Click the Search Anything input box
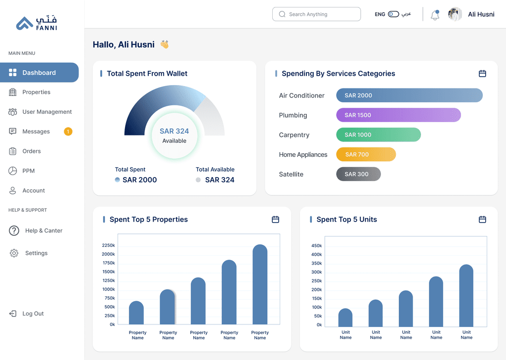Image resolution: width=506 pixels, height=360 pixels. pyautogui.click(x=316, y=14)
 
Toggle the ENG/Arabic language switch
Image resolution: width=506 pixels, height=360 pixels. pyautogui.click(x=393, y=14)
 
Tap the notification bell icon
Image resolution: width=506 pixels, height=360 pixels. pyautogui.click(x=435, y=15)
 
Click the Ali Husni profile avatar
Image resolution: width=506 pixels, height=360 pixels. pyautogui.click(x=455, y=14)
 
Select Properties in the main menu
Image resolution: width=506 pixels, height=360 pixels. pyautogui.click(x=36, y=92)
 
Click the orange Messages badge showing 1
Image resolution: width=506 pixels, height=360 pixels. pyautogui.click(x=68, y=132)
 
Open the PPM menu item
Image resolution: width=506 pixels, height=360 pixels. pyautogui.click(x=28, y=171)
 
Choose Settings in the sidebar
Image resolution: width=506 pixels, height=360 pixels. pyautogui.click(x=36, y=253)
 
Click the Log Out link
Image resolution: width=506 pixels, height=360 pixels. pyautogui.click(x=33, y=314)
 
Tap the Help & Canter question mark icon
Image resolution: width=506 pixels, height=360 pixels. pyautogui.click(x=14, y=230)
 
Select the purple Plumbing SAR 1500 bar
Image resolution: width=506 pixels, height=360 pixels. pyautogui.click(x=399, y=115)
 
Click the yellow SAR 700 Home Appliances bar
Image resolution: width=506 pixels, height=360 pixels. pyautogui.click(x=366, y=154)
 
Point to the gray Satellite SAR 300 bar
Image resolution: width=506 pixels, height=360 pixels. pyautogui.click(x=359, y=174)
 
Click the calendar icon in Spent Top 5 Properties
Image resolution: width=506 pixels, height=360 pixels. pyautogui.click(x=275, y=220)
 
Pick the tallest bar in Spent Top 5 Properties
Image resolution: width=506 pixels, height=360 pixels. pyautogui.click(x=260, y=284)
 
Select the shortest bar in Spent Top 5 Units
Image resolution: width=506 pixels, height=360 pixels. pyautogui.click(x=345, y=317)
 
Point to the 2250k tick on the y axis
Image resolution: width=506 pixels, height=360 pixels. pyautogui.click(x=108, y=245)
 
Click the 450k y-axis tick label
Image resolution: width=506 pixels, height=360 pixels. pyautogui.click(x=317, y=246)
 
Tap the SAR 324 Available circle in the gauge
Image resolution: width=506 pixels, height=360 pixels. pyautogui.click(x=174, y=135)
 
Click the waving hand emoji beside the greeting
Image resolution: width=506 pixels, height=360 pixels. pyautogui.click(x=165, y=44)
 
